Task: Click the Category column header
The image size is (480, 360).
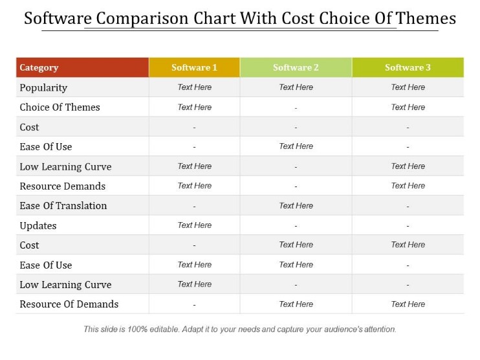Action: (39, 67)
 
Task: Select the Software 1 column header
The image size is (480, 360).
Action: (194, 67)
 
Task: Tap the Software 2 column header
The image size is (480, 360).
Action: (296, 67)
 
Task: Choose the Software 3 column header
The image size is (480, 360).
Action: (408, 67)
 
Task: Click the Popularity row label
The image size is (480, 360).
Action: (43, 88)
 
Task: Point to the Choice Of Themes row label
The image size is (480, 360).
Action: (60, 107)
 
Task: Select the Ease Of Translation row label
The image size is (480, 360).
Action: (63, 206)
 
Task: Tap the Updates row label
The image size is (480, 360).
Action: (38, 226)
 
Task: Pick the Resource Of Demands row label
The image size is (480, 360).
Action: (69, 304)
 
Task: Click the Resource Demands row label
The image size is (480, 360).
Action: (63, 186)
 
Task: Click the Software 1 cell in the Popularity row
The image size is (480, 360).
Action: (194, 87)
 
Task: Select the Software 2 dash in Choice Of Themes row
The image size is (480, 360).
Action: (296, 108)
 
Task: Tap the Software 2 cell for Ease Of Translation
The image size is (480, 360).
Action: (296, 206)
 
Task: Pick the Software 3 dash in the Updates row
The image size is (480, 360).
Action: (408, 226)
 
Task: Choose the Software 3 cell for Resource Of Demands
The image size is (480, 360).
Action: (408, 304)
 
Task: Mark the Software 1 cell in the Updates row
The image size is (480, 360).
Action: (194, 225)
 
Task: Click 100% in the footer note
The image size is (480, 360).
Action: (137, 330)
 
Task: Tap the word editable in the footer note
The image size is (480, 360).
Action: (164, 330)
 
